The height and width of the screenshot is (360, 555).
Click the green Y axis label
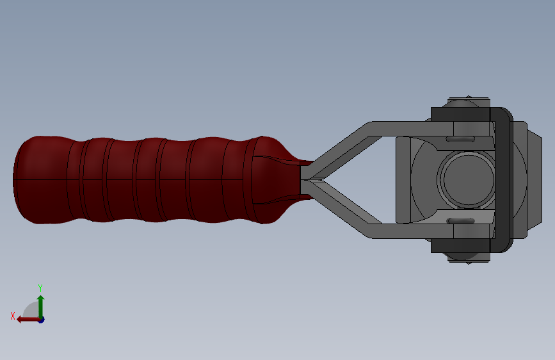coord(40,288)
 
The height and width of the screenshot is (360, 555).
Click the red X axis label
coord(13,315)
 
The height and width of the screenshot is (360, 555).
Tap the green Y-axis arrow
coord(40,304)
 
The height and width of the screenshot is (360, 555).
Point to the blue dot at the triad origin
coord(40,319)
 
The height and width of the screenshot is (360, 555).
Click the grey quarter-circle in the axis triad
coord(31,312)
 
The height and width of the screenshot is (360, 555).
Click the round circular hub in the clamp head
coord(467,179)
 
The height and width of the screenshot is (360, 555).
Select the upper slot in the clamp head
coord(460,138)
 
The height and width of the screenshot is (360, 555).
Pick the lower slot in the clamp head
coord(460,221)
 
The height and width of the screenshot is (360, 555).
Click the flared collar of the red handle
coord(272,179)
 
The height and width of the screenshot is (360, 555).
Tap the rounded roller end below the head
coord(462,257)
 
